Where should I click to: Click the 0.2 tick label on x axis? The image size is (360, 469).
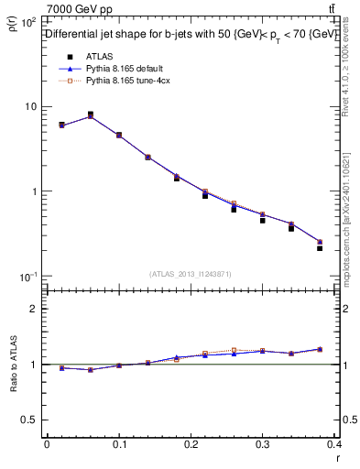[x=191, y=444]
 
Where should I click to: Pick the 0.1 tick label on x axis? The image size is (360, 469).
[x=119, y=444]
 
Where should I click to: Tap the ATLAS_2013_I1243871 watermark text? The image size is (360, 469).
[x=191, y=274]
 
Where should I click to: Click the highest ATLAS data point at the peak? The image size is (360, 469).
[x=90, y=115]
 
